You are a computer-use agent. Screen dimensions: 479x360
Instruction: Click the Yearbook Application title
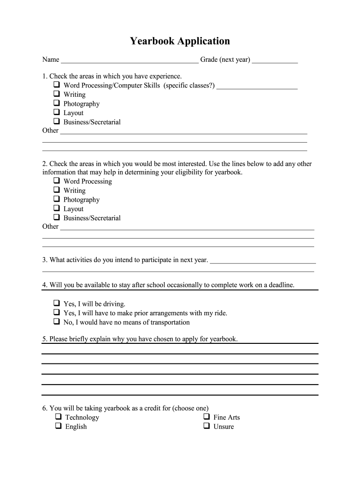point(180,41)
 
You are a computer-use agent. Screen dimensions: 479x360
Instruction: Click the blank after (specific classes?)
point(257,87)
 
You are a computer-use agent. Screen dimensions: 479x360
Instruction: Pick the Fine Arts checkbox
point(206,417)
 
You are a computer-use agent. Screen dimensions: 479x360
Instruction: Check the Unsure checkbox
point(206,426)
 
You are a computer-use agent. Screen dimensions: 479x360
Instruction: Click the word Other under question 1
point(50,131)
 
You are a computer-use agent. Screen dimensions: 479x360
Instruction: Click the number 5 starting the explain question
point(44,339)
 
